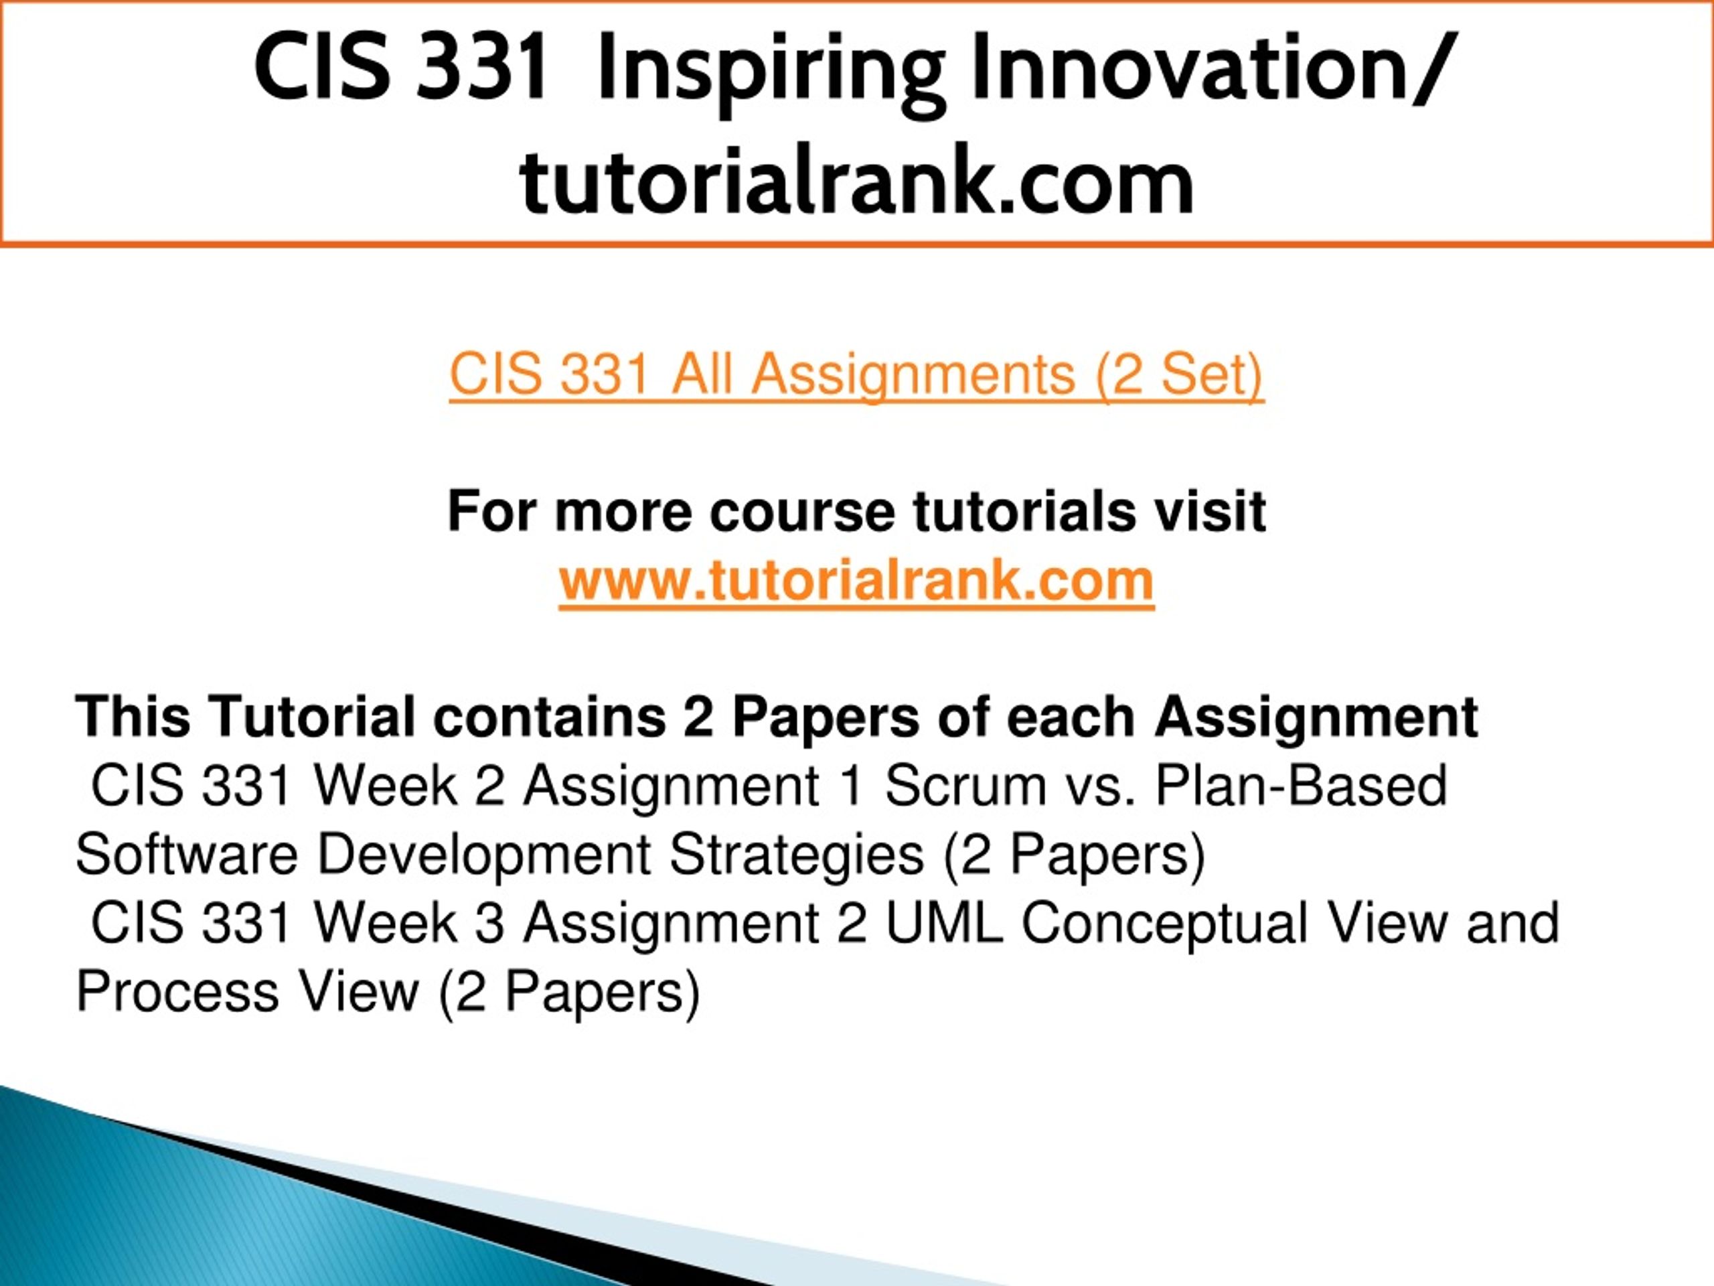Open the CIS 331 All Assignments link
coord(856,376)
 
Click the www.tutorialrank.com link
coord(856,581)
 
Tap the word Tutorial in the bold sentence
coord(311,717)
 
